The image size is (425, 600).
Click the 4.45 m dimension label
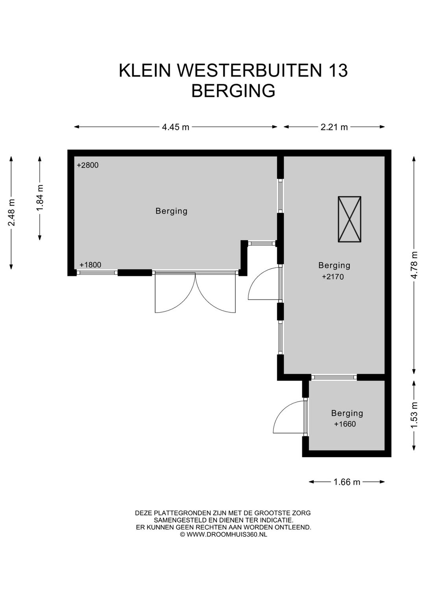176,127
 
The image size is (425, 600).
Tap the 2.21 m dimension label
334,127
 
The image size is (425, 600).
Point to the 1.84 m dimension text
40,198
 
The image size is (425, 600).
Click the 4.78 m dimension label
414,265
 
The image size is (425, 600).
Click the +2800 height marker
88,165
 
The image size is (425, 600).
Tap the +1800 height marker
91,265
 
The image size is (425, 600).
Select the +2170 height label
333,277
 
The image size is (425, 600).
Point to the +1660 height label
345,424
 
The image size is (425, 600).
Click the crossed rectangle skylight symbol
349,219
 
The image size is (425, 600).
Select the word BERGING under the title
233,90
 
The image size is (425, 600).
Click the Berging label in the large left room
171,211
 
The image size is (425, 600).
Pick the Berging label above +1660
347,413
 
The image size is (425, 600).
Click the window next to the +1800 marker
97,273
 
